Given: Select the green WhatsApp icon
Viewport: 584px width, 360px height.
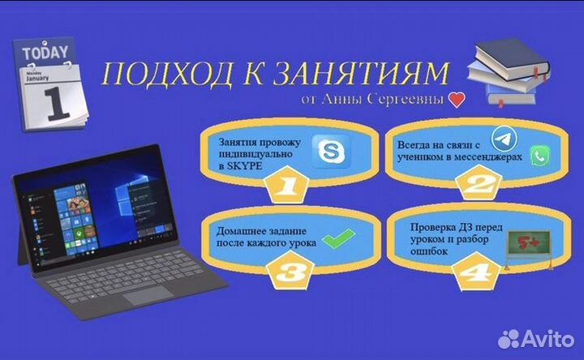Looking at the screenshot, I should click(x=539, y=156).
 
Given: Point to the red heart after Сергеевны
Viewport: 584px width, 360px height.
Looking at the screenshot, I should click(x=457, y=101).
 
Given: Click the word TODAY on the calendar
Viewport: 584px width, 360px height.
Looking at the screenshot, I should click(x=45, y=54).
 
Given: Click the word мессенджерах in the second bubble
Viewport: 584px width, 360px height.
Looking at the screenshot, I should click(x=486, y=160).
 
